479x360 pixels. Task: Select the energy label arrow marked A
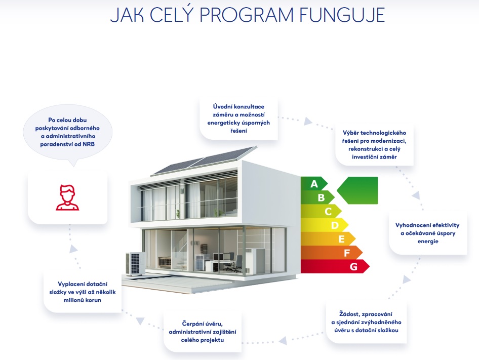(314, 183)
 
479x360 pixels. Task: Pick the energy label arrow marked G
(334, 266)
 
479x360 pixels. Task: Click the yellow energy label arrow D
(324, 225)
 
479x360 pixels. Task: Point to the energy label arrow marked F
(331, 252)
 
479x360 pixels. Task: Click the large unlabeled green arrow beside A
(358, 190)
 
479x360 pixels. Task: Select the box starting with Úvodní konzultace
(238, 119)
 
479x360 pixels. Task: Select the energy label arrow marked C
(322, 211)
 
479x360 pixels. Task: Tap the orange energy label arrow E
(328, 238)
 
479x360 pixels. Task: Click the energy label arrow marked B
(318, 197)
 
